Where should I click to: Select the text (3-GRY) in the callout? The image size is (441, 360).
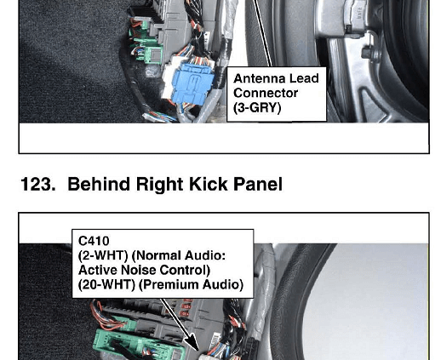click(257, 108)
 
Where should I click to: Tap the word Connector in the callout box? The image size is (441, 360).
click(266, 93)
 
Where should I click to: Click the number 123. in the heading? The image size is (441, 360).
click(38, 185)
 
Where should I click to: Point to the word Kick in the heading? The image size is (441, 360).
click(208, 185)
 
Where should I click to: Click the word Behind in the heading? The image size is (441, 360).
click(99, 185)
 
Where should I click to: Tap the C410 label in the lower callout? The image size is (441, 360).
click(94, 241)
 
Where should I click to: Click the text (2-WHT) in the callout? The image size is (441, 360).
click(103, 255)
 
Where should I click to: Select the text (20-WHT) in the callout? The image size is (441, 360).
click(106, 284)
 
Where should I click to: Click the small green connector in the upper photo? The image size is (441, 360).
click(150, 54)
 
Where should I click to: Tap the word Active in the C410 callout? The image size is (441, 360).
click(98, 270)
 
